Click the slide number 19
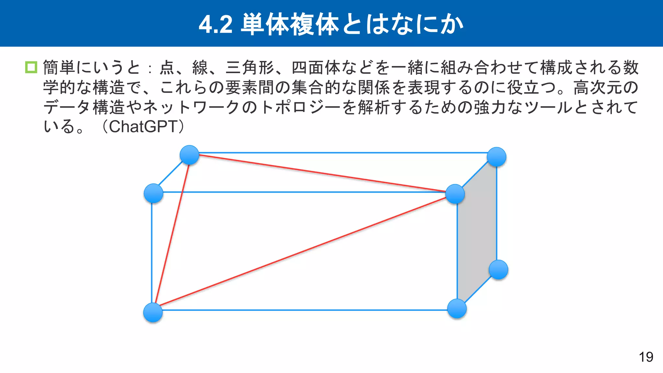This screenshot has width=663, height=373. [x=646, y=357]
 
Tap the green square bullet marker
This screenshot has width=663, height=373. [x=31, y=67]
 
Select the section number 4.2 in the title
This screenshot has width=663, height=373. [x=216, y=25]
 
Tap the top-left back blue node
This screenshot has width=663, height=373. [x=189, y=155]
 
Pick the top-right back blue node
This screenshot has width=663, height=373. [x=496, y=157]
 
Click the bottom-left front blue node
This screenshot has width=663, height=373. [x=153, y=312]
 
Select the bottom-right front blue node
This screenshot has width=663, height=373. [x=456, y=308]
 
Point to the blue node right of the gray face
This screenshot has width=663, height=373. [x=498, y=269]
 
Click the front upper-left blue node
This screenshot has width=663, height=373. [x=153, y=193]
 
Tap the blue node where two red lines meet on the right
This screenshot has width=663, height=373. [x=455, y=194]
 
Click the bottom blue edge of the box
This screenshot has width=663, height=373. [x=304, y=310]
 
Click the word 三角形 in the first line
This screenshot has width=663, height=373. [x=250, y=68]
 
